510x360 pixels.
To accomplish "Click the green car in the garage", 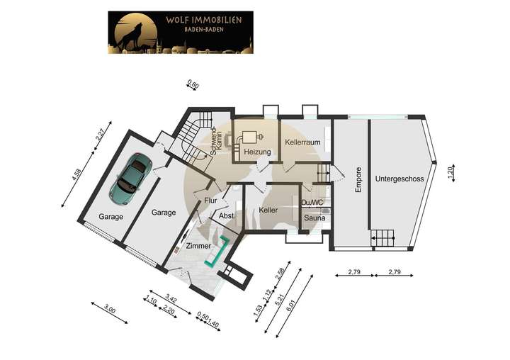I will point(131,174).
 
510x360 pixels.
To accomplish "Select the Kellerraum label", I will point(303,142).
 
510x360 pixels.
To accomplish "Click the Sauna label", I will point(314,218).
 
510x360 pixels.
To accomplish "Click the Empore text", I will point(358,179).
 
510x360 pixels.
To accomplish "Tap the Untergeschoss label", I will point(400,179).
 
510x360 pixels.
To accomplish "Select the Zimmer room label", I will point(198,245).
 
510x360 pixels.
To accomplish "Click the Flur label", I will point(210,201).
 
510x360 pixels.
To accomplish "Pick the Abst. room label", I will point(227,215).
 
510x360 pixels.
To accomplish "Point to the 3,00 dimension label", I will point(109,309).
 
